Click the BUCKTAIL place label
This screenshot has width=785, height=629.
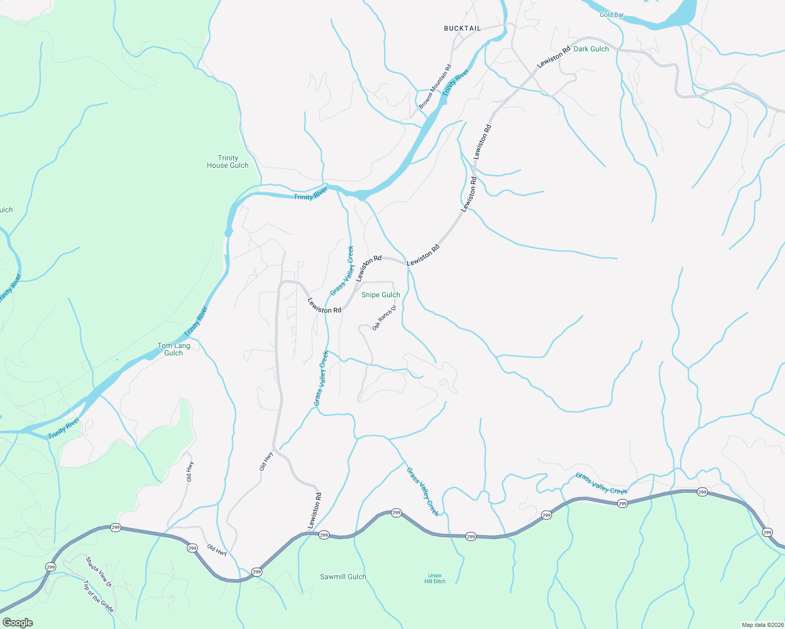click(462, 28)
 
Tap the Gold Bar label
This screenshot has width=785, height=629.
click(611, 15)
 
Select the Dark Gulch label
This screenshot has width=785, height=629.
click(591, 49)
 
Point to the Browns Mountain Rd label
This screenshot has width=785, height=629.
click(435, 86)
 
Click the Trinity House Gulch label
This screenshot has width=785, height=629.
click(228, 161)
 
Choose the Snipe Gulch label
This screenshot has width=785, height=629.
click(380, 295)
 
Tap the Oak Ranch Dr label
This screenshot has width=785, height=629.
click(384, 318)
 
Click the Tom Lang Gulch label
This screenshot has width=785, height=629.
click(174, 349)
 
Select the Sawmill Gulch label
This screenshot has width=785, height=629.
click(343, 577)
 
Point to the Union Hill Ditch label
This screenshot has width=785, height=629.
click(435, 578)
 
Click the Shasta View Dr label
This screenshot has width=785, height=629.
click(99, 571)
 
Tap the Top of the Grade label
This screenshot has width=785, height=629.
click(99, 596)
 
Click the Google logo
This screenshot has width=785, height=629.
click(18, 622)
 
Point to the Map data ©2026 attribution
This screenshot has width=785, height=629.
click(762, 625)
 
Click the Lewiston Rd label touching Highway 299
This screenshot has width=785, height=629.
click(314, 511)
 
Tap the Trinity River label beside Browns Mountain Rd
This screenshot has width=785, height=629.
click(455, 83)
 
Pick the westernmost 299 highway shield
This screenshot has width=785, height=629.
click(50, 567)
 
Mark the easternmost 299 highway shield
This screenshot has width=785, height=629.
click(767, 533)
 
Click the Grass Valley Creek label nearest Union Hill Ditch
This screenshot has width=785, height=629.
click(423, 492)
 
